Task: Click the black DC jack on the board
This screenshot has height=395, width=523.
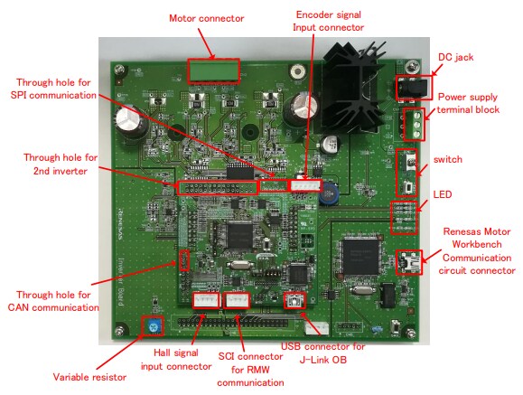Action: pyautogui.click(x=411, y=87)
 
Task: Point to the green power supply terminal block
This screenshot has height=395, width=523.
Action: pyautogui.click(x=416, y=124)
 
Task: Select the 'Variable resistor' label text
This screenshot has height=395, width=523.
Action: pyautogui.click(x=89, y=376)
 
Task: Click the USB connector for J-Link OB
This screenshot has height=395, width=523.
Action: pyautogui.click(x=294, y=301)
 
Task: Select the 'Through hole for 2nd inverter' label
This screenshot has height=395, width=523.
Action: pyautogui.click(x=61, y=164)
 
